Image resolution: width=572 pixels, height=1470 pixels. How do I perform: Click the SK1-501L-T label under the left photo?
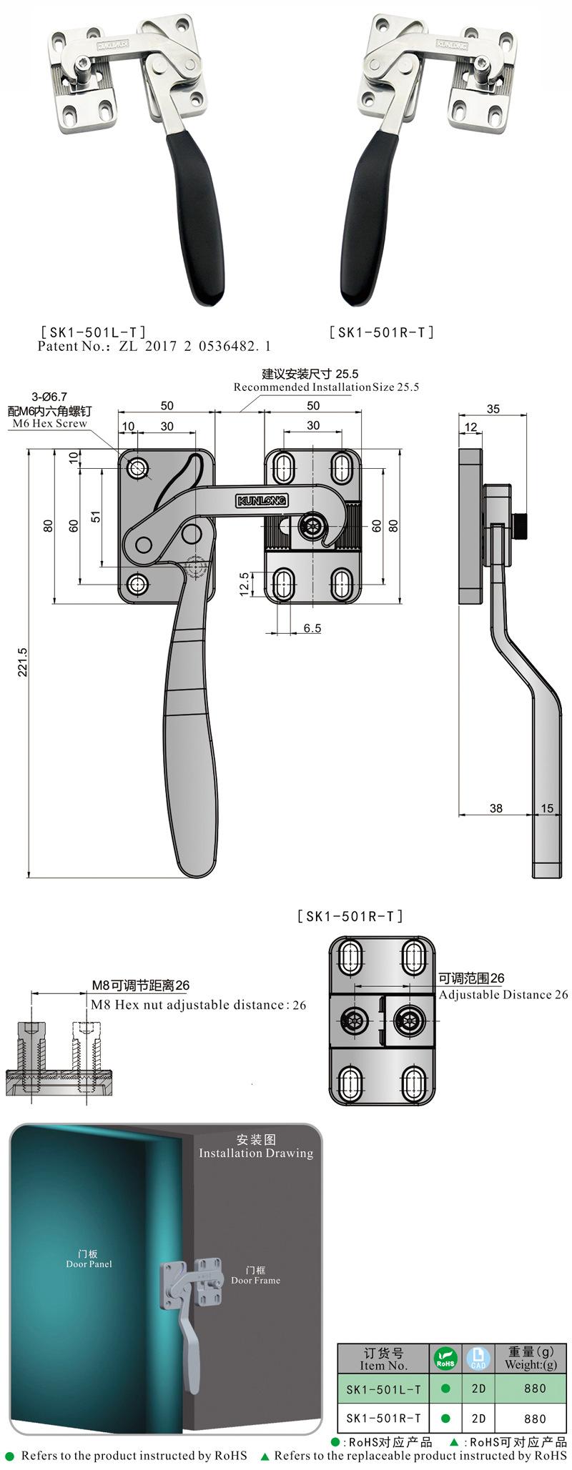coord(94,332)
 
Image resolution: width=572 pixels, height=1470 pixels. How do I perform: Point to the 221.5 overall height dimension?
coord(22,662)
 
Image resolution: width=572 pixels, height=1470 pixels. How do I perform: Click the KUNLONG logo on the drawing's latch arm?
coord(261,501)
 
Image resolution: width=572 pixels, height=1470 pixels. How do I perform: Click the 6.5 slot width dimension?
coord(312,628)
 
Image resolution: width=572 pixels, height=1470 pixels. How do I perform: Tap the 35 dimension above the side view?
coord(493,409)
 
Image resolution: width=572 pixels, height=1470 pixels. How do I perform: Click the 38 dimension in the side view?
coord(495,808)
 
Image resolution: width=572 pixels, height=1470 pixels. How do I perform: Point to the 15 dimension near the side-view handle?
coord(546,808)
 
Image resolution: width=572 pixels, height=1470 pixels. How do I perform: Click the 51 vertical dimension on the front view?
coord(96,516)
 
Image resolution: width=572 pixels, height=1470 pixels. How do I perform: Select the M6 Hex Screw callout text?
coord(49,423)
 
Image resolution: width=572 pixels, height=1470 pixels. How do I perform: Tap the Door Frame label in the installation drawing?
coord(255,1281)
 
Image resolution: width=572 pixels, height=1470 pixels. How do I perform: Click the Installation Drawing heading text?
coord(256,1153)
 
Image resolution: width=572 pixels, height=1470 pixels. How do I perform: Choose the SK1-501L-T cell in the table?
coord(383,1389)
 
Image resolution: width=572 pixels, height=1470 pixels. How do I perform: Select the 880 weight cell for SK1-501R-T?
coord(534,1419)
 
